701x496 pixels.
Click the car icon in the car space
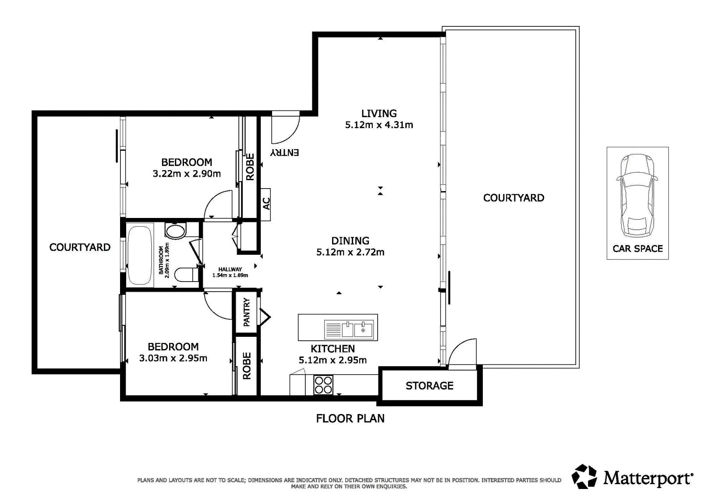pos(637,196)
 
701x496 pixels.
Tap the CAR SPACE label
pos(637,249)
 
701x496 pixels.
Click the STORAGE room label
pos(429,386)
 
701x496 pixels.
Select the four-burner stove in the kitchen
pos(323,385)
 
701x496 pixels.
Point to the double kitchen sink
pos(349,329)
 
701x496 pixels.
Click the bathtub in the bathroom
pos(140,255)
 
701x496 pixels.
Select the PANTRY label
pos(247,312)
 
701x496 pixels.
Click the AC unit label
pos(266,203)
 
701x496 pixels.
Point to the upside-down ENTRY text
pos(284,153)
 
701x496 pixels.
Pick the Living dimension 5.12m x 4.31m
pos(379,125)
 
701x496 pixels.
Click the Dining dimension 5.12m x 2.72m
pos(350,252)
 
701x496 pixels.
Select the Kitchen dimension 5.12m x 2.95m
pos(333,360)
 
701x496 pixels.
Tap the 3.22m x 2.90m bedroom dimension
pos(187,174)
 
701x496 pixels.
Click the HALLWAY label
pos(230,269)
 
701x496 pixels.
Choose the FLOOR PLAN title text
pos(350,419)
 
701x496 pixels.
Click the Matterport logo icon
pos(584,476)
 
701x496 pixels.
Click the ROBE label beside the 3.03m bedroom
pos(247,366)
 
